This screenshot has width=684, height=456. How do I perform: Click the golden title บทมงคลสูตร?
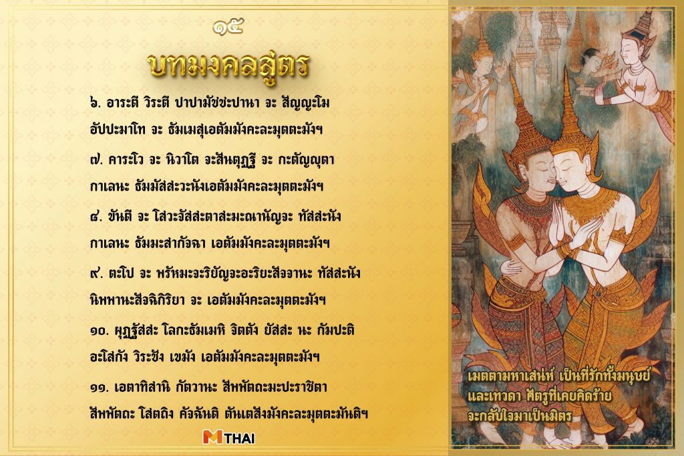coord(228,66)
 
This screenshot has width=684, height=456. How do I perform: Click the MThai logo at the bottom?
coord(228,438)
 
